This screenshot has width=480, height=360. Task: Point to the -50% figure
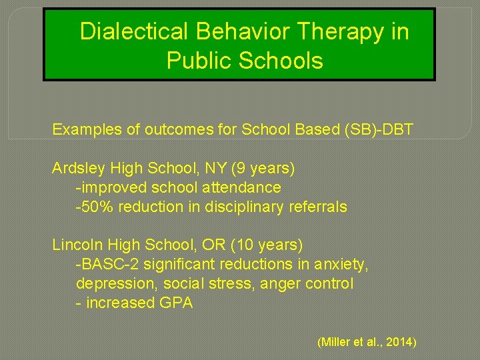[x=91, y=207]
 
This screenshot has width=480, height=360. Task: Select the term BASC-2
[x=103, y=265]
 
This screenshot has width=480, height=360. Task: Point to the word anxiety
[x=341, y=265]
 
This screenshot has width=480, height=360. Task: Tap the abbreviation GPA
[x=176, y=303]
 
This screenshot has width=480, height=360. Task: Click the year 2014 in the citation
[x=400, y=343]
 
